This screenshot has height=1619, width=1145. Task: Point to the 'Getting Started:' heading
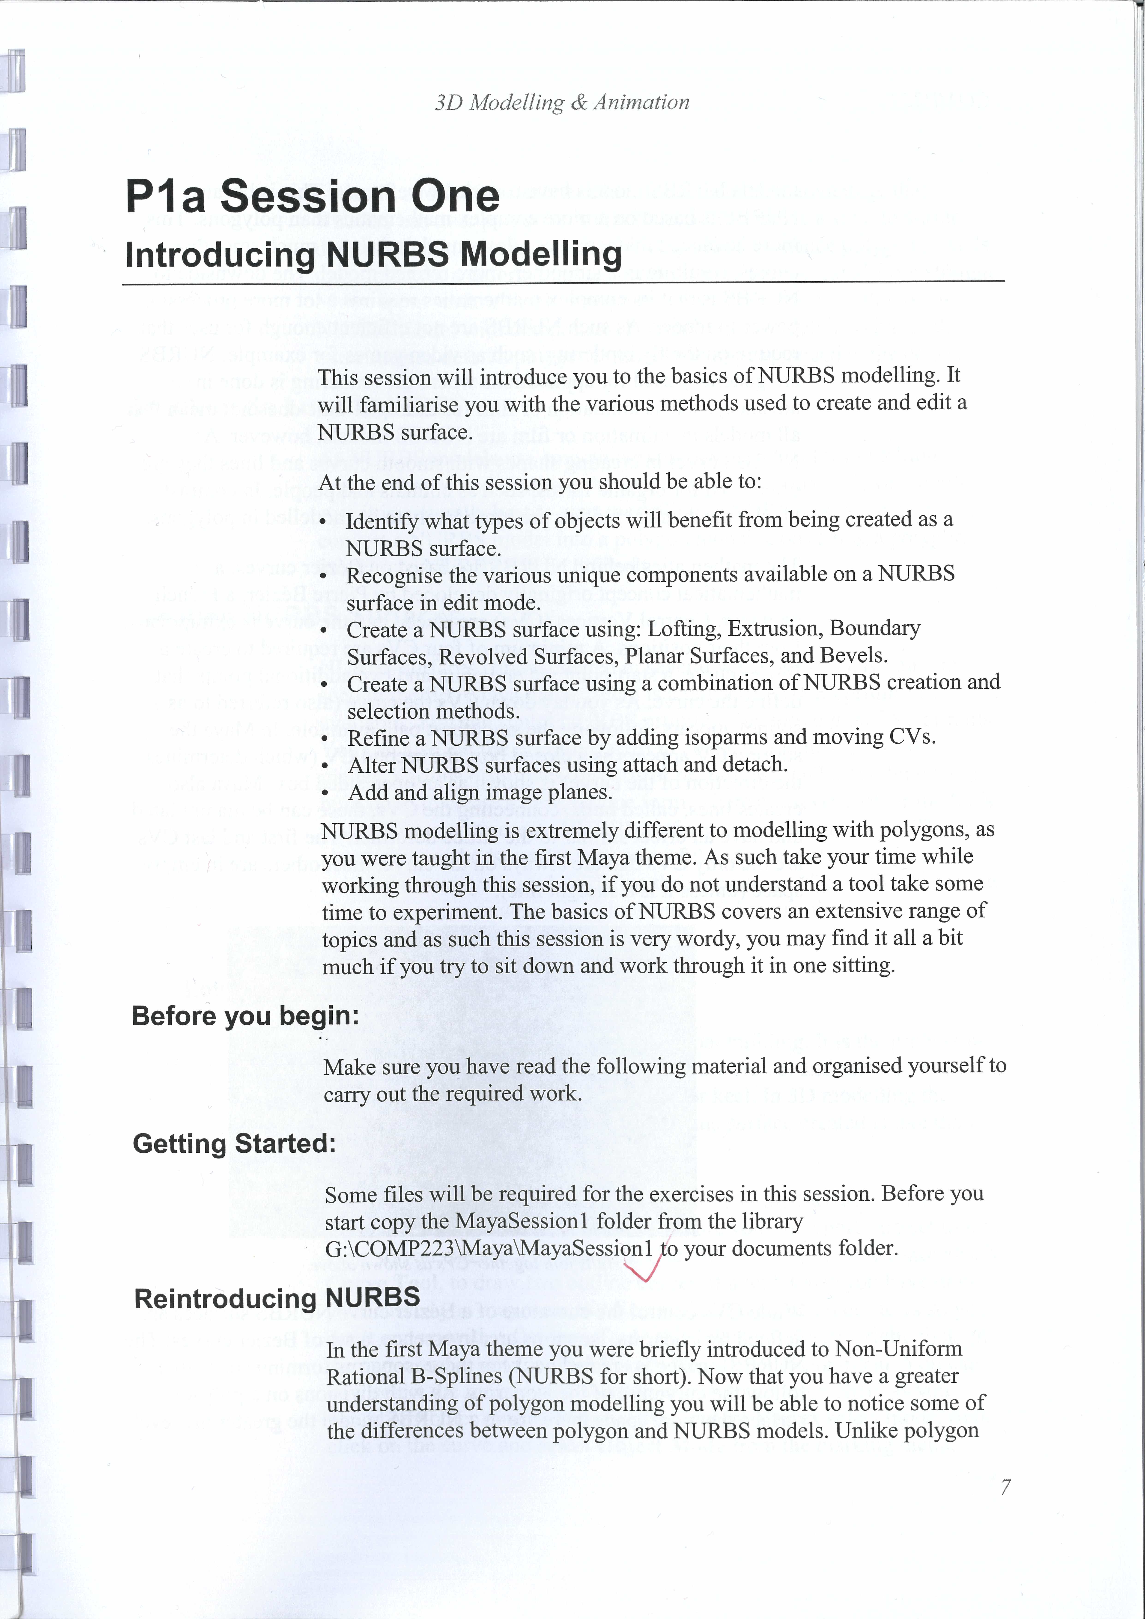pyautogui.click(x=234, y=1143)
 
